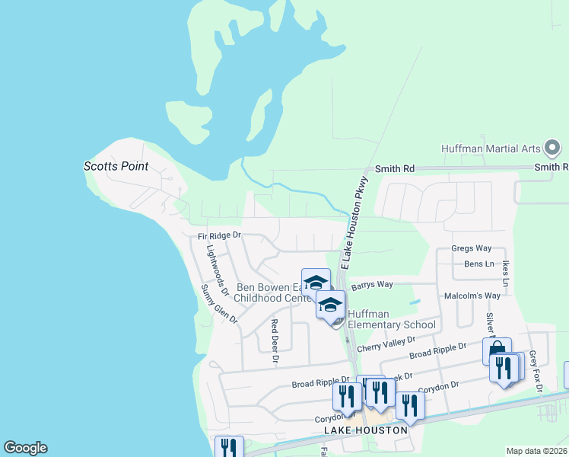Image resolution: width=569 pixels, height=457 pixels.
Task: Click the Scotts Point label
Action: pos(116,166)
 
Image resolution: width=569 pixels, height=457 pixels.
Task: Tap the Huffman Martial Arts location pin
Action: pos(554,147)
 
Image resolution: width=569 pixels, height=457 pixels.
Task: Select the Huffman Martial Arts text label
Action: pos(491,149)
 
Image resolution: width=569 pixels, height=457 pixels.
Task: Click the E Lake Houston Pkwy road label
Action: pos(354,222)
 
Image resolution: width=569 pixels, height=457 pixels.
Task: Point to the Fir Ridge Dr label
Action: pos(219,236)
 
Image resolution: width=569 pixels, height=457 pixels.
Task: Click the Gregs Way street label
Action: pos(471,248)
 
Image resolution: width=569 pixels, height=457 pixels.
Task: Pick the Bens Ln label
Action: pos(478,264)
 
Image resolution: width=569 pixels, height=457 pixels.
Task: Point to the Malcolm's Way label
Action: pos(472,296)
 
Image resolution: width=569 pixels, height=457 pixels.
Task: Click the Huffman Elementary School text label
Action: pos(392,319)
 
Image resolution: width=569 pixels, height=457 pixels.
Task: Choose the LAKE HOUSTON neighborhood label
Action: pos(366,430)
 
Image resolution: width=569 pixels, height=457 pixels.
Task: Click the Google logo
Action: pos(25,448)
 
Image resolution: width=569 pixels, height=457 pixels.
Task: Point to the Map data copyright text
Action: pos(536,451)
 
